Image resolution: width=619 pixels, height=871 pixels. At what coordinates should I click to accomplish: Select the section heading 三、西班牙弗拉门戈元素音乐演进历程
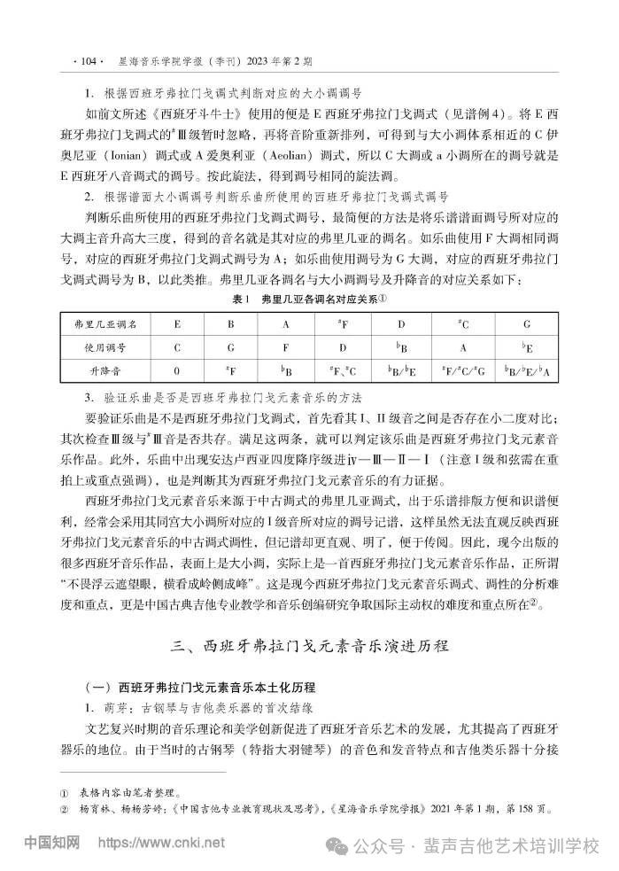pyautogui.click(x=309, y=644)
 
